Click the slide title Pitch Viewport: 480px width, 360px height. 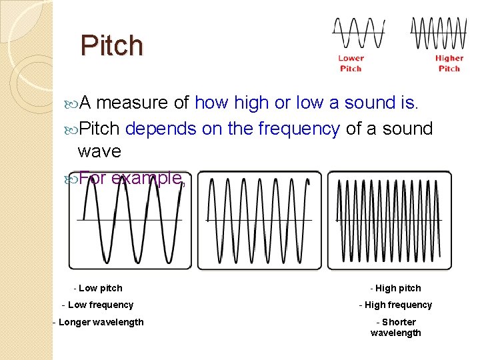pyautogui.click(x=111, y=45)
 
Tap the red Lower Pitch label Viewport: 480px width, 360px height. pyautogui.click(x=351, y=63)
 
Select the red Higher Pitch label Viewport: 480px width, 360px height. pyautogui.click(x=449, y=63)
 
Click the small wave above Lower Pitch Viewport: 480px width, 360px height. pyautogui.click(x=359, y=33)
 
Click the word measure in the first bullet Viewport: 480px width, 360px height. pyautogui.click(x=133, y=103)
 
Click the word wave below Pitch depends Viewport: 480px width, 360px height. pyautogui.click(x=99, y=151)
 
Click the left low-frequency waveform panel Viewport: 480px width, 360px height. pyautogui.click(x=130, y=220)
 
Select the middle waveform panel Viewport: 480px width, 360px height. pyautogui.click(x=259, y=220)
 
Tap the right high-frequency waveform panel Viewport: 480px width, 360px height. pyautogui.click(x=389, y=220)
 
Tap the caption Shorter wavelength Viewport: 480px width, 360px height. pyautogui.click(x=396, y=327)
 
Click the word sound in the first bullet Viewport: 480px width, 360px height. pyautogui.click(x=371, y=103)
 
